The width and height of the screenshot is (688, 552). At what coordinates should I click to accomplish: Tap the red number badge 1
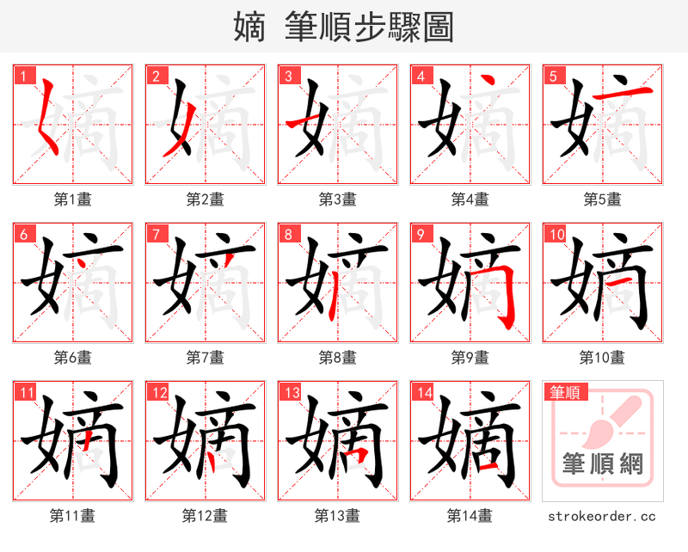coord(22,76)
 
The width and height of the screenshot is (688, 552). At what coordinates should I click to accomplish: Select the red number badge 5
coord(552,76)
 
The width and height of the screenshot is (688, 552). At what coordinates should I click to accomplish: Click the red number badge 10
coord(556,234)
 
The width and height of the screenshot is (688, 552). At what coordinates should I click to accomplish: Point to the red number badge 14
coord(423,393)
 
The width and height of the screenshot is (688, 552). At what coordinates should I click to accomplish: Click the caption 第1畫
coord(73,199)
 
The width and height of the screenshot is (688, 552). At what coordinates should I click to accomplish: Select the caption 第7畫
coord(206,358)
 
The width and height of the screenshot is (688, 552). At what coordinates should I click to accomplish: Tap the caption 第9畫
coord(470,358)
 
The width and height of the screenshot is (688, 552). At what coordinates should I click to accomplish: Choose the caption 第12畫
coord(206,516)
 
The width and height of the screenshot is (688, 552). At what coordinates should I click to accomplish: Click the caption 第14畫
coord(470,516)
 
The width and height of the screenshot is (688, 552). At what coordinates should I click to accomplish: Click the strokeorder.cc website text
coord(602,517)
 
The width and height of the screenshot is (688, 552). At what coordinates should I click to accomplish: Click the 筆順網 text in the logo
coord(602,465)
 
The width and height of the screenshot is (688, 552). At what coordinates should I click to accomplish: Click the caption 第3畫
coord(338,199)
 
